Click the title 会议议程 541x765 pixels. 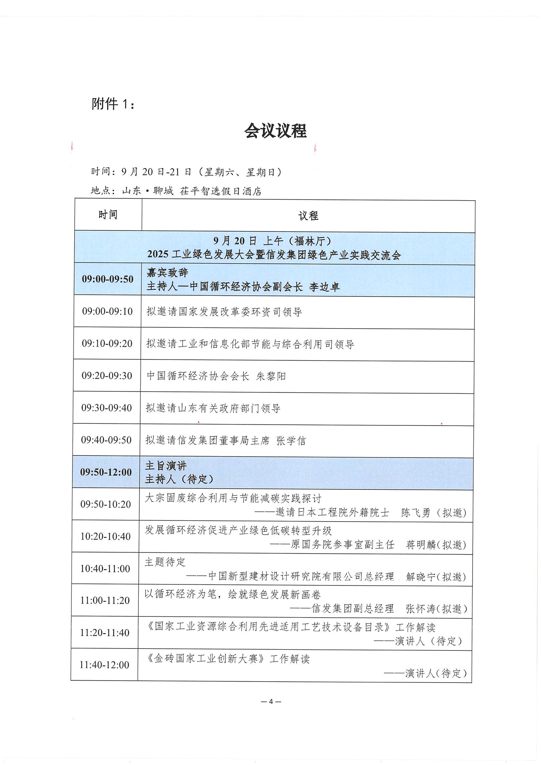[275, 131]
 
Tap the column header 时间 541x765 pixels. [108, 215]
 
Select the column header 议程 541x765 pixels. [308, 216]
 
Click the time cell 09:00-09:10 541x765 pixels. [107, 311]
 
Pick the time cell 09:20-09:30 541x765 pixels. [107, 376]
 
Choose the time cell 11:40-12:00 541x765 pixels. [104, 665]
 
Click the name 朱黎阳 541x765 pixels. [271, 376]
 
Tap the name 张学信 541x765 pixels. [291, 440]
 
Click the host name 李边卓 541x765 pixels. [324, 287]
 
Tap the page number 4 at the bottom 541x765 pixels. [271, 702]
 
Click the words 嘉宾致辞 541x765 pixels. [167, 273]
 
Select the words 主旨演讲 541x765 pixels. [166, 466]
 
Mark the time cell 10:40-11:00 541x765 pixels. [105, 568]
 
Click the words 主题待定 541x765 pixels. [165, 562]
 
